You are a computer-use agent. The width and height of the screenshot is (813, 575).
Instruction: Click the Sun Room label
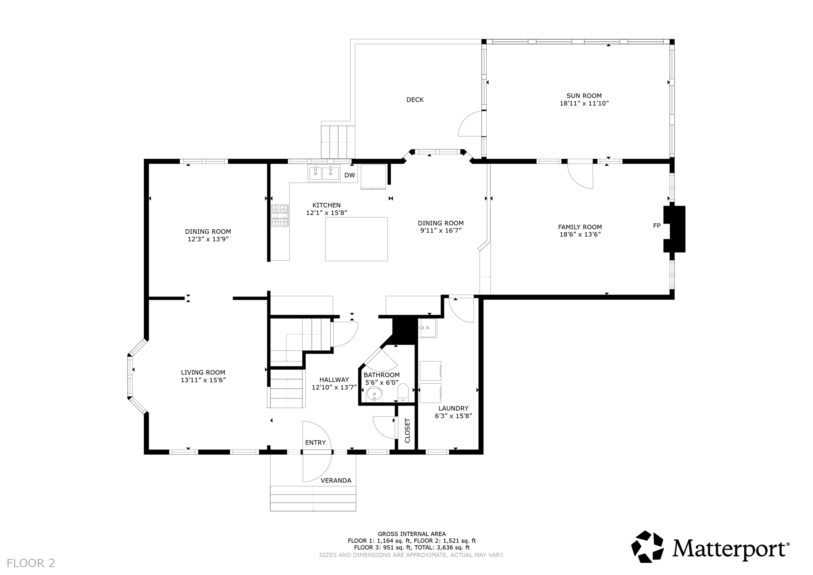point(584,96)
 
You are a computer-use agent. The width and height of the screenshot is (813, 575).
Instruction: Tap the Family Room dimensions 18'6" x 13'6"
point(580,235)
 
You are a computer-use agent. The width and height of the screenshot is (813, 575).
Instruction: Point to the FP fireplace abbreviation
point(657,226)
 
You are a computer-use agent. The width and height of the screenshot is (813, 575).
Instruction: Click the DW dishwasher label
point(349,175)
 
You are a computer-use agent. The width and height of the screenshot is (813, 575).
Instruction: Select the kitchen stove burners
point(279,215)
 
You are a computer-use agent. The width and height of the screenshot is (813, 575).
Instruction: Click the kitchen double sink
point(324,173)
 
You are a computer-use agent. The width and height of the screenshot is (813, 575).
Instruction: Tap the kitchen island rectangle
point(356,239)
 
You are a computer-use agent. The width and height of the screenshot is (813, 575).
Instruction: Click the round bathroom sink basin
point(374,395)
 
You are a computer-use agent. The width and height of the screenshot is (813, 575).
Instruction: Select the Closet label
point(407,431)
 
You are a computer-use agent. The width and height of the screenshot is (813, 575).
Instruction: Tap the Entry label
point(315,443)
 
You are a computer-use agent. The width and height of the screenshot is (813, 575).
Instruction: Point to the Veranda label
point(336,481)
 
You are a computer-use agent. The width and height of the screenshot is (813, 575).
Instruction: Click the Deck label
point(415,100)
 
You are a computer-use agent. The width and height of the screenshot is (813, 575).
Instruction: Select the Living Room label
point(203,373)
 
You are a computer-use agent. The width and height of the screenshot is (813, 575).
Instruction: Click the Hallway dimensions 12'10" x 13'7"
point(334,388)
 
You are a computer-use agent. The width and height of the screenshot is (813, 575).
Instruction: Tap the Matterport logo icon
point(647,546)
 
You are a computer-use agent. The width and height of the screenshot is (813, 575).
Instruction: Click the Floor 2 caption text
point(31,563)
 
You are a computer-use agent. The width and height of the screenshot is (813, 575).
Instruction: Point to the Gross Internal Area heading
point(412,534)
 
